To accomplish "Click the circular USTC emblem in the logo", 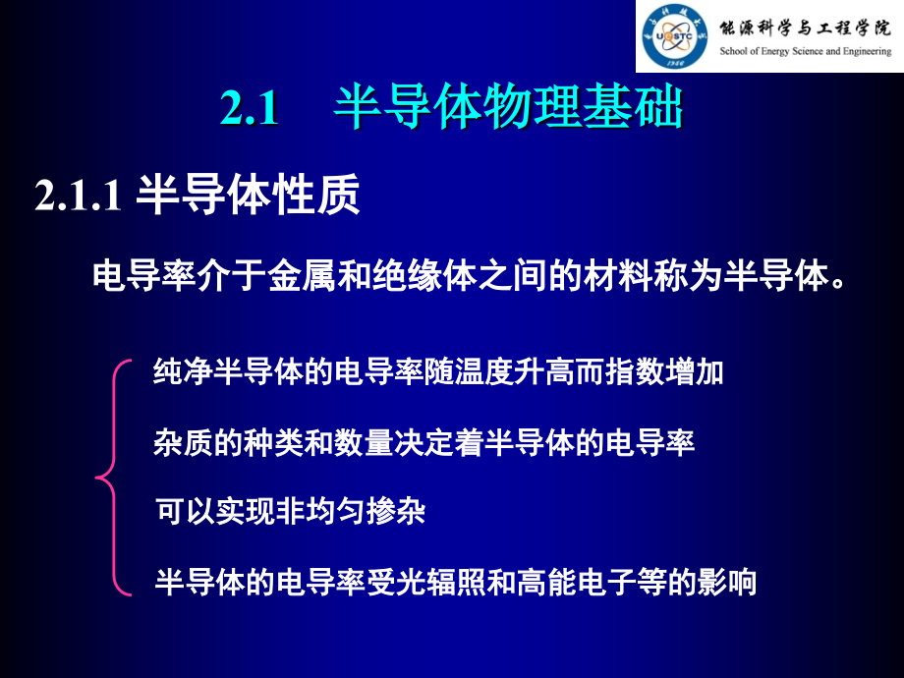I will (x=676, y=36).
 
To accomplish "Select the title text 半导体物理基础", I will (x=508, y=109).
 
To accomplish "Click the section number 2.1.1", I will (x=78, y=197).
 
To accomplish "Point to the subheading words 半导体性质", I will (x=248, y=195).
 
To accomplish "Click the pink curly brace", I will (x=112, y=478).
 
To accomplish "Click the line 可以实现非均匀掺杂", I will (x=291, y=512).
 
